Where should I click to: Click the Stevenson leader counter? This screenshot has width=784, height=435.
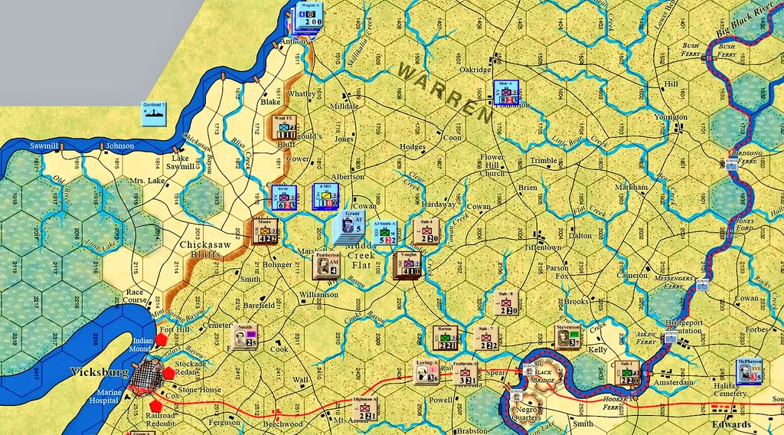567,337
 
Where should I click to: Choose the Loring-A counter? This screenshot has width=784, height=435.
426,371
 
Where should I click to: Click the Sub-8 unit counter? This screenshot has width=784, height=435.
507,305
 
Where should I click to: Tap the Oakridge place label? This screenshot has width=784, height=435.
475,69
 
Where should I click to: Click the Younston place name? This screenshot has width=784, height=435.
671,116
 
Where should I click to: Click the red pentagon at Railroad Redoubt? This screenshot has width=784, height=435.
157,404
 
